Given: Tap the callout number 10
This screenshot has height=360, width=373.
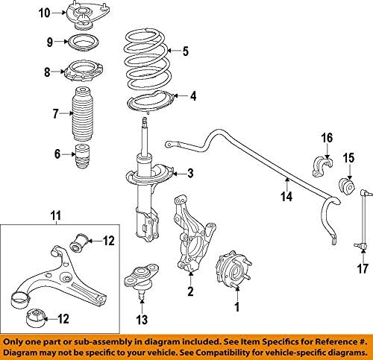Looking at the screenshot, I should [44, 13].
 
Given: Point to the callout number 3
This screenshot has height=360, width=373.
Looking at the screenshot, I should [190, 174].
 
